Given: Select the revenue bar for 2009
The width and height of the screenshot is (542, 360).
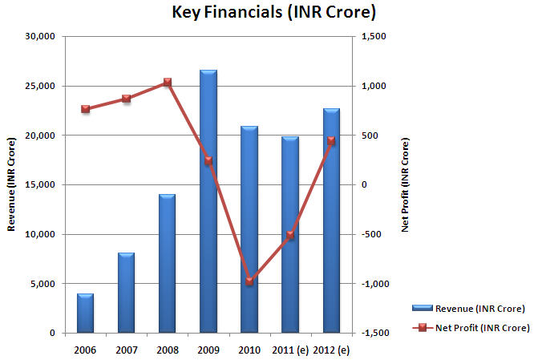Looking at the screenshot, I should tap(208, 200).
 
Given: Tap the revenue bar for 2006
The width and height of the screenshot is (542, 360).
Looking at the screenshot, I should tap(85, 313).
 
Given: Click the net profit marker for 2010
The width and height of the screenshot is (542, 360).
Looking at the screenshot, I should tap(249, 281).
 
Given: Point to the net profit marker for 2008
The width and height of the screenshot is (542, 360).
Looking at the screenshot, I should tap(168, 82).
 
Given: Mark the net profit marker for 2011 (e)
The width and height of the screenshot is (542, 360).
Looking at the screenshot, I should tap(290, 235).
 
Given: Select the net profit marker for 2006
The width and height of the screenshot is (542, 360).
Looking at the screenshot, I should tap(85, 109).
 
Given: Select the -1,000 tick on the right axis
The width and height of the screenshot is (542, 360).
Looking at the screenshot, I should tap(375, 284).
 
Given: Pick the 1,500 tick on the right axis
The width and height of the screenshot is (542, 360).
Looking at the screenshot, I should tap(374, 36).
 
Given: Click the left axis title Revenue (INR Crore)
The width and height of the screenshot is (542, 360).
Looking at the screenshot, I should tap(11, 184).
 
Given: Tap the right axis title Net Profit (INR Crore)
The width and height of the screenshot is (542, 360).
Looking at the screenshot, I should tap(405, 184).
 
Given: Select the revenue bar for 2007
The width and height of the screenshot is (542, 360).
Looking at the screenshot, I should tap(126, 293).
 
